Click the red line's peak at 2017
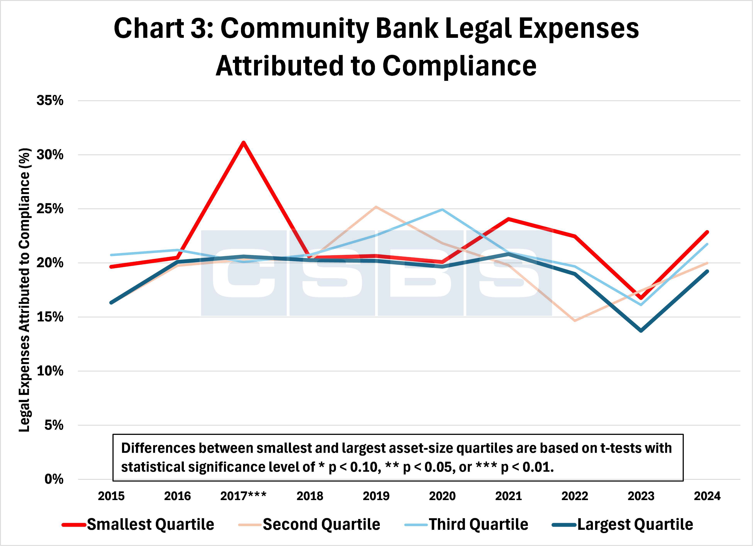(x=243, y=143)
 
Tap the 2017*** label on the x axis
(x=243, y=496)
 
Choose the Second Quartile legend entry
(x=321, y=524)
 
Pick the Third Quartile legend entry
(x=478, y=524)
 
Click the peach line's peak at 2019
(x=376, y=207)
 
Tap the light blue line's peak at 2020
(x=442, y=210)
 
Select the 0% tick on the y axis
(x=54, y=479)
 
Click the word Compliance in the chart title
(x=459, y=66)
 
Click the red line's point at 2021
(x=508, y=219)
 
